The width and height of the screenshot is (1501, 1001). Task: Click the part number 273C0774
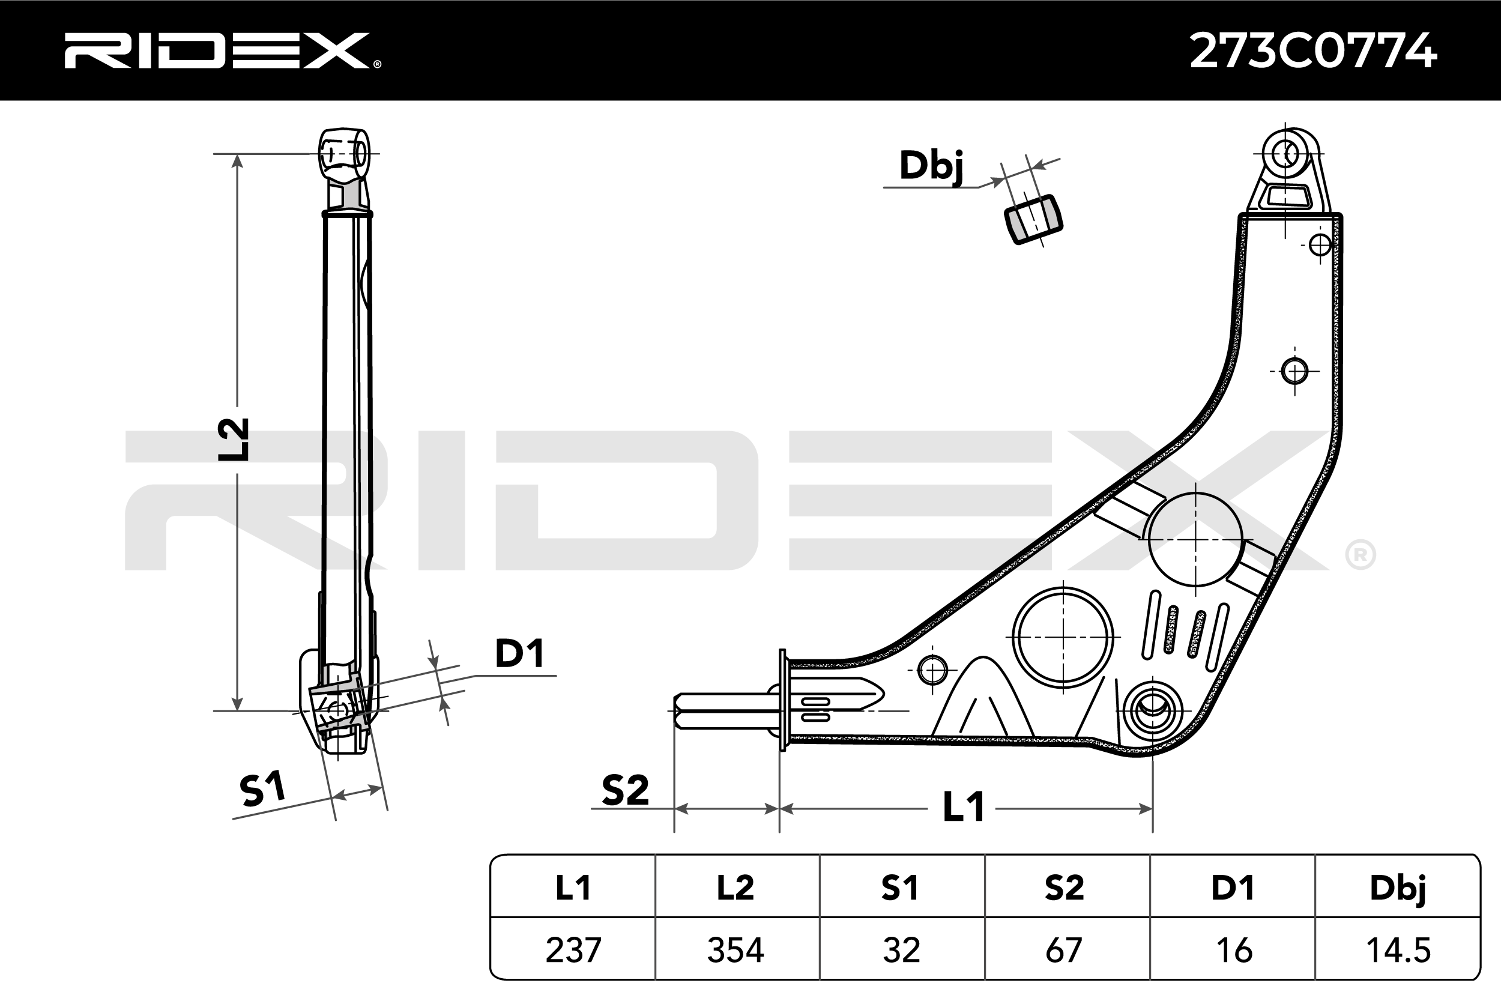[1314, 50]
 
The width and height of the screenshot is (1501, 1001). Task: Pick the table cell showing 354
[737, 950]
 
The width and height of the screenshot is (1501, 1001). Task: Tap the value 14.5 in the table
[1398, 950]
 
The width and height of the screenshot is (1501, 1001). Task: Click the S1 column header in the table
[901, 888]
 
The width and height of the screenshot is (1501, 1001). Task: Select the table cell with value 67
[1066, 950]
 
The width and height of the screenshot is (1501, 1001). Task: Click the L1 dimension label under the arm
[964, 807]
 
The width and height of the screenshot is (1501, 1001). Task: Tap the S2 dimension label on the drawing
[625, 790]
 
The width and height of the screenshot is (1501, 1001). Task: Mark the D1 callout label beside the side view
[519, 653]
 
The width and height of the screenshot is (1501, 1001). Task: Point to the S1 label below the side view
[262, 788]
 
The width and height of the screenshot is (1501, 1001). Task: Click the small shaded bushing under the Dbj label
[1033, 219]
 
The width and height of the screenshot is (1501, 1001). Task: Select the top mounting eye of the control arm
[1285, 154]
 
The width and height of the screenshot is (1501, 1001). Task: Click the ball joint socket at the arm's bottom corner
[1153, 710]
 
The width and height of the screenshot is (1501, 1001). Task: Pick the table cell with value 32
[901, 950]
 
